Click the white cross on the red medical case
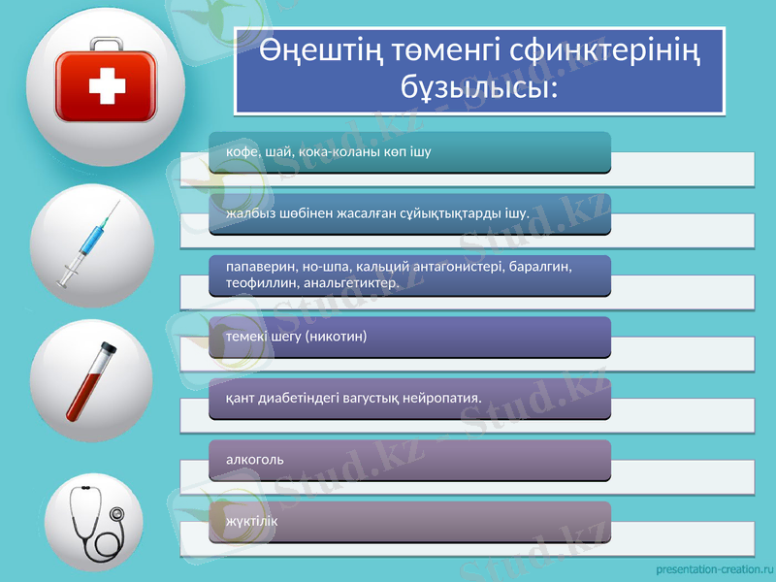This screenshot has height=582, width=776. pyautogui.click(x=107, y=90)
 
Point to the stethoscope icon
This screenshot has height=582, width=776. pyautogui.click(x=95, y=521)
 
